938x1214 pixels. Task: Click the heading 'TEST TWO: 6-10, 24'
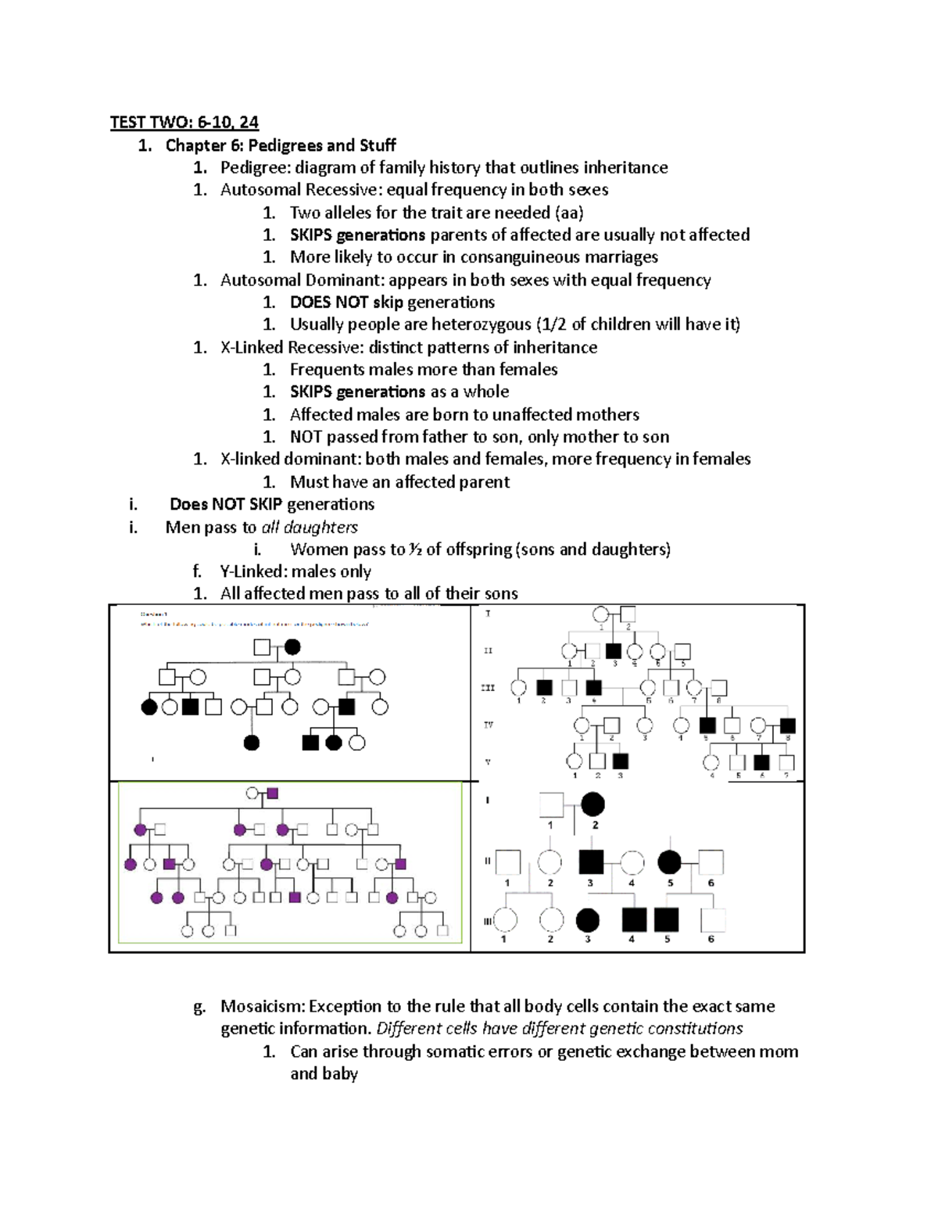point(184,122)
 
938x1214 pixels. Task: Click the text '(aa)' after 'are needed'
point(568,213)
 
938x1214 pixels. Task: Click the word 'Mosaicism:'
point(263,1006)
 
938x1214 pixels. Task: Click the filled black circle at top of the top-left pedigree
point(292,647)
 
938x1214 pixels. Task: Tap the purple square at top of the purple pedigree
point(272,793)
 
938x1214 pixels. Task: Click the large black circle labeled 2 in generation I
point(592,804)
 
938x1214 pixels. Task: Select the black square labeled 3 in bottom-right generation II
point(591,862)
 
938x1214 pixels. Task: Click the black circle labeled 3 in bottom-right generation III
point(588,920)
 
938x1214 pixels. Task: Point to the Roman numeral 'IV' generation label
point(488,725)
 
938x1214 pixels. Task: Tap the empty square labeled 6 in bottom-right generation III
point(712,920)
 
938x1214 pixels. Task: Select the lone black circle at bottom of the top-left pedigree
point(251,743)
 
